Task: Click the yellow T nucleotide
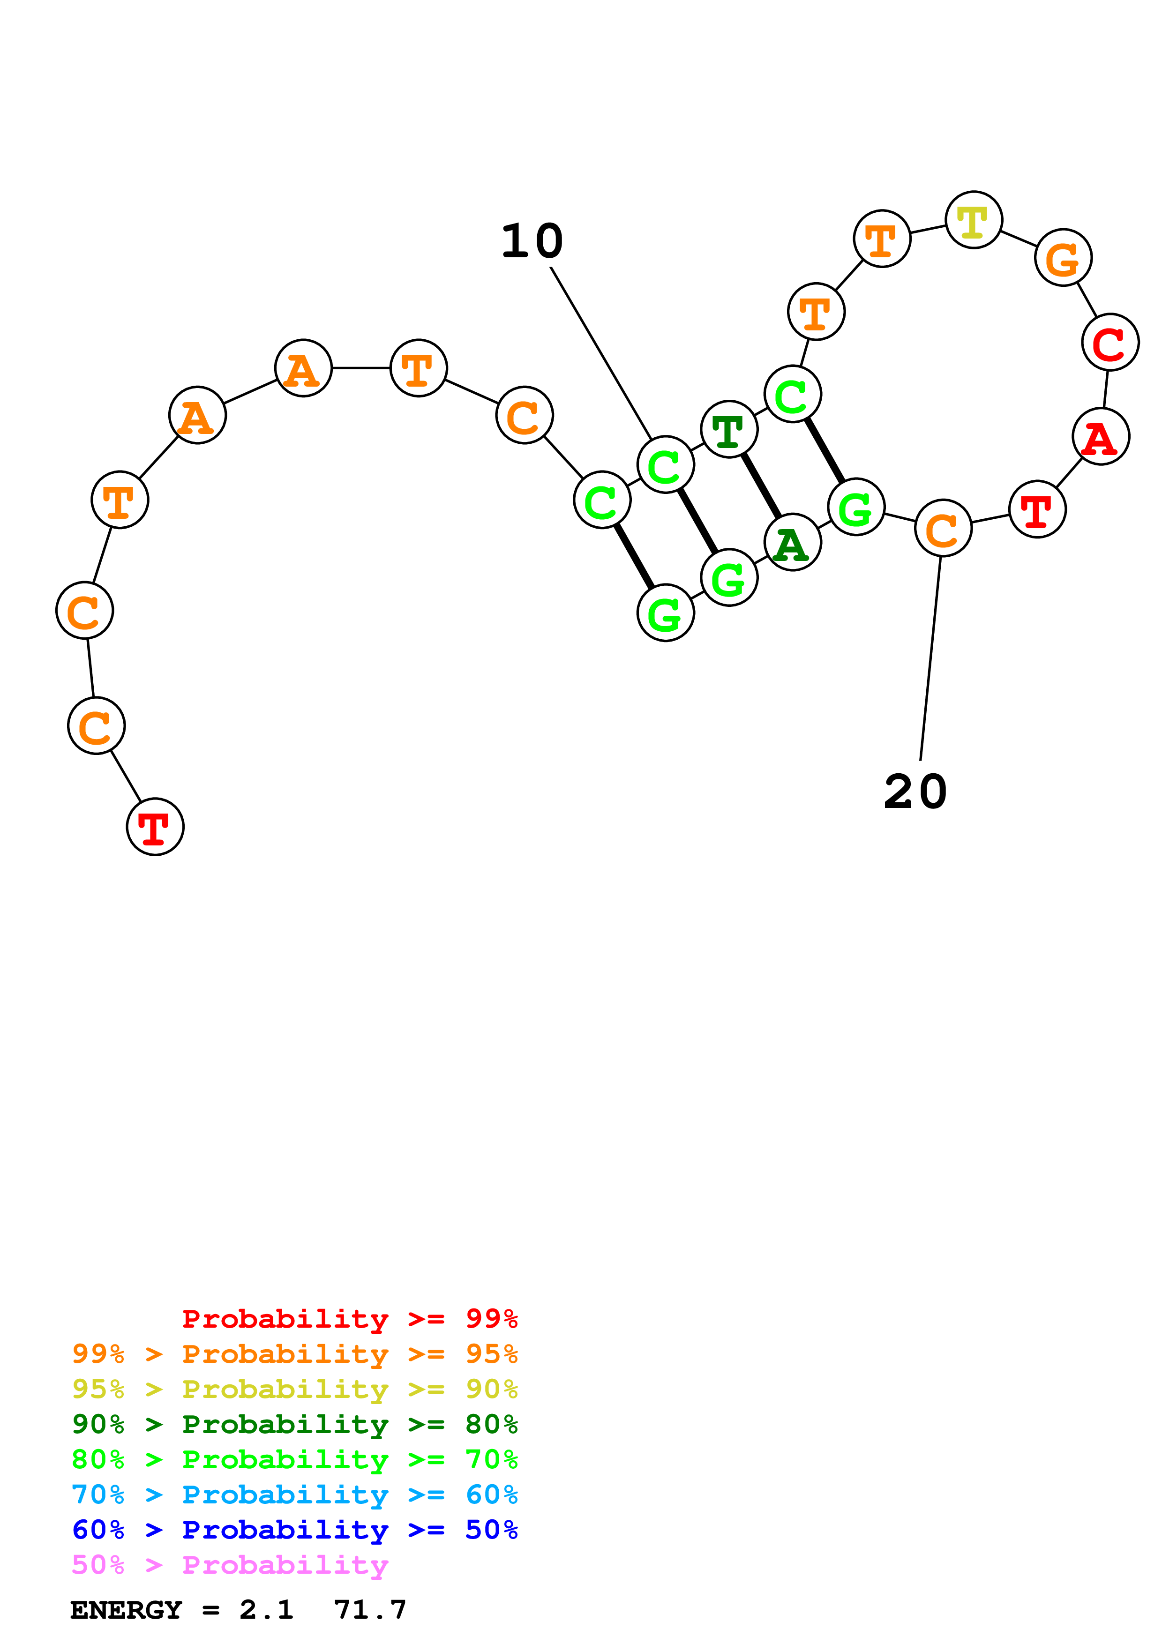pyautogui.click(x=973, y=220)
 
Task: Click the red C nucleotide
pyautogui.click(x=1110, y=342)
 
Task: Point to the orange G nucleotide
pyautogui.click(x=1063, y=257)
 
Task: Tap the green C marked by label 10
pyautogui.click(x=665, y=465)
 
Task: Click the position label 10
pyautogui.click(x=532, y=241)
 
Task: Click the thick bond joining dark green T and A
pyautogui.click(x=761, y=486)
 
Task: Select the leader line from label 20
pyautogui.click(x=930, y=658)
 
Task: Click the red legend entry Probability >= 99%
pyautogui.click(x=350, y=1318)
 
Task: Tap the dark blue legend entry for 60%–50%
pyautogui.click(x=295, y=1530)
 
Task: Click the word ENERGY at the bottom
pyautogui.click(x=126, y=1610)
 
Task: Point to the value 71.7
pyautogui.click(x=370, y=1610)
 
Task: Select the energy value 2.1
pyautogui.click(x=266, y=1610)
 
